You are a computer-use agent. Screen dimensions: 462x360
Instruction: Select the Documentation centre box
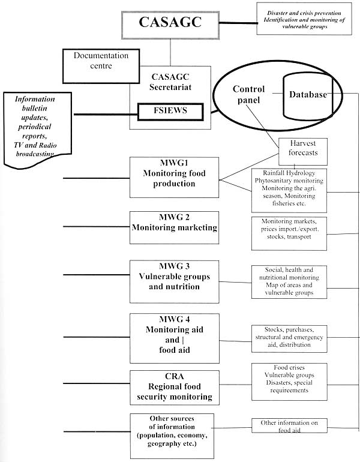point(101,61)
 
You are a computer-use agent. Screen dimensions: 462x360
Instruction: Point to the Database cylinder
point(308,96)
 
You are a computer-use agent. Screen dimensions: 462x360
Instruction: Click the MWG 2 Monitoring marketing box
point(174,227)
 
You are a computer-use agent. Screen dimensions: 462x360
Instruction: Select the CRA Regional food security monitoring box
point(174,386)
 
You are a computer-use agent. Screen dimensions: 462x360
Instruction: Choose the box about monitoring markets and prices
point(289,233)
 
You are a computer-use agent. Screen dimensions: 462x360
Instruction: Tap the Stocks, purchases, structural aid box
point(289,337)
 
